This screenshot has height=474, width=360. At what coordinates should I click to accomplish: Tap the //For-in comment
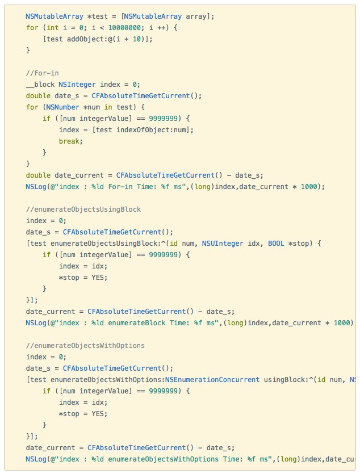42,73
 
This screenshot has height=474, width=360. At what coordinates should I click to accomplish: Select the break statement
70,141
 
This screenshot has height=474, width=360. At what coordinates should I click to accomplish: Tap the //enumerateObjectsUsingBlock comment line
83,209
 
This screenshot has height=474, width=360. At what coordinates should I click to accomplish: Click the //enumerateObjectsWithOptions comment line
85,346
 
